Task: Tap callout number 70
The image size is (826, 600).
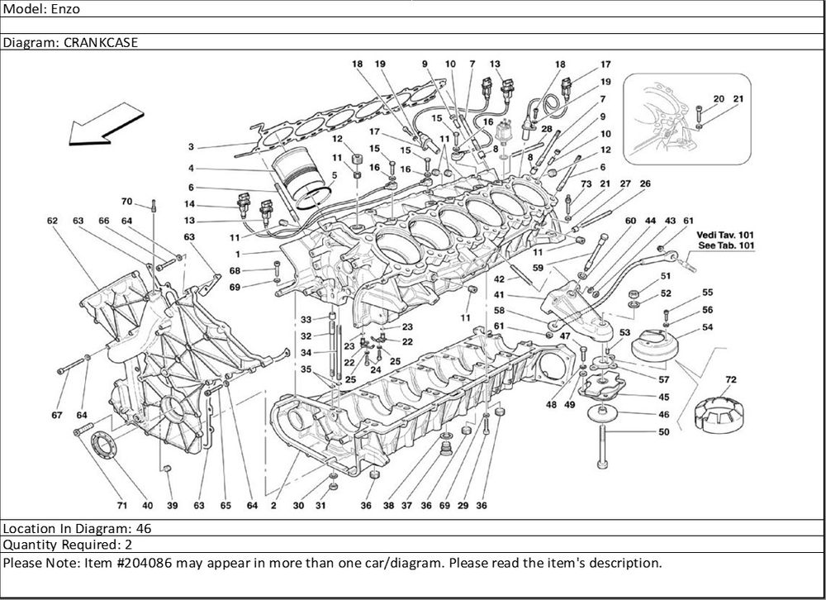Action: point(126,201)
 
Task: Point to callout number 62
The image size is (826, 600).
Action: point(52,221)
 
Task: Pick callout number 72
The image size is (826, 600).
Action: point(730,379)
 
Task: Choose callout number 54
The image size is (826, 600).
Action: point(708,327)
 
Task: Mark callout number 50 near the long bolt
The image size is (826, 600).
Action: point(664,431)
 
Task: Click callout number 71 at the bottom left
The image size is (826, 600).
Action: point(121,505)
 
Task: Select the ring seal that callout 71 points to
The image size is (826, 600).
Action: point(105,444)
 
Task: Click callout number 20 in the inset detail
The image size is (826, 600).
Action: point(718,98)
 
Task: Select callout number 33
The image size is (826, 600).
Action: point(305,320)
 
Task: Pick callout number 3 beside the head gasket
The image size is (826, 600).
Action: point(191,147)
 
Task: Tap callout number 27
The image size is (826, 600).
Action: point(625,183)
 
